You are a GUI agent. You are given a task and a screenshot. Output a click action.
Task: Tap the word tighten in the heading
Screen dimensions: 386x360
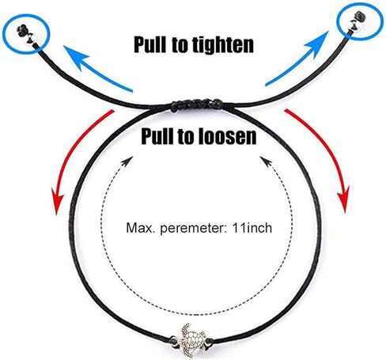coord(223,45)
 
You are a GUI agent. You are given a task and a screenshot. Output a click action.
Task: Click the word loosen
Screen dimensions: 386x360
coord(222,136)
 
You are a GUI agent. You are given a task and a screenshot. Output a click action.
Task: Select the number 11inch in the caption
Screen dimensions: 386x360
coord(252,228)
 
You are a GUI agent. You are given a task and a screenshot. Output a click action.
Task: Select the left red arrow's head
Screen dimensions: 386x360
coord(58,203)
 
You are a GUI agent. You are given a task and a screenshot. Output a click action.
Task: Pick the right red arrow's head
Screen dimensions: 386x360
coord(343,199)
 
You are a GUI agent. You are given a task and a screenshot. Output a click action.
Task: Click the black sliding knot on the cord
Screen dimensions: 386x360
coord(196,105)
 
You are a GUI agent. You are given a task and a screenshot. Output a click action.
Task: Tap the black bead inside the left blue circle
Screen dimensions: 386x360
coord(22,31)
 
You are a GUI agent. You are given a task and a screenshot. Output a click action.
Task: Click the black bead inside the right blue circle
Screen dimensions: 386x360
coord(359,17)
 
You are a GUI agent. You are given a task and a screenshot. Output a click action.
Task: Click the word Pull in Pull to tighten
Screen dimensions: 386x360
coord(150,44)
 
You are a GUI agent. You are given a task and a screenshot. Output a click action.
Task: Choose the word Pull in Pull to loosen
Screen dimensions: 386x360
coord(157,136)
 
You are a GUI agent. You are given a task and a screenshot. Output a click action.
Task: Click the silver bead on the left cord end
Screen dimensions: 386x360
coord(33,39)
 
